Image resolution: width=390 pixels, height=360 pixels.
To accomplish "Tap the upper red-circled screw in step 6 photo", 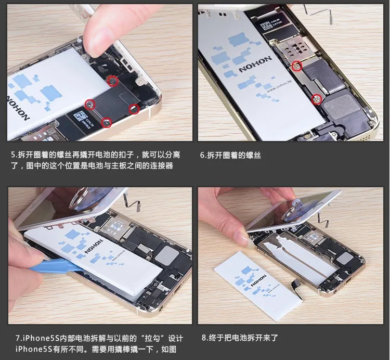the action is click(297, 66).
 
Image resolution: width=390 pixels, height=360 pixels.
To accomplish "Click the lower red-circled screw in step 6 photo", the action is click(317, 99).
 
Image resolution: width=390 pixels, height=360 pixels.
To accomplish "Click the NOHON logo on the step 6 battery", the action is click(255, 64).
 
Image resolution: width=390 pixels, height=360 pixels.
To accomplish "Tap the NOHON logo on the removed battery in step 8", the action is click(258, 280).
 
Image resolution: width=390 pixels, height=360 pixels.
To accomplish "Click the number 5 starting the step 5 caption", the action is click(13, 155).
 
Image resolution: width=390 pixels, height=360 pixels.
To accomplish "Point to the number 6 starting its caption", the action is click(202, 155).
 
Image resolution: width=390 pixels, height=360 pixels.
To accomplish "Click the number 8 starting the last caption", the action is click(204, 338).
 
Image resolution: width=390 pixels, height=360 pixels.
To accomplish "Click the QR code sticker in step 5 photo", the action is click(80, 117).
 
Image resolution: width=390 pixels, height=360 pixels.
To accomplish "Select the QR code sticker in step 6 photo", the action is click(266, 25).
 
